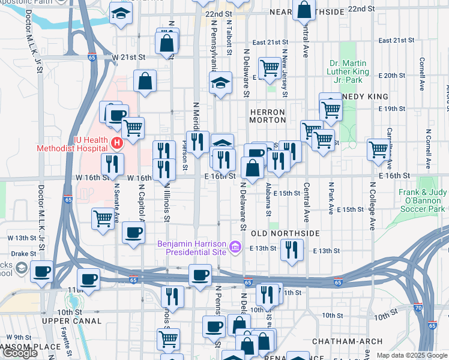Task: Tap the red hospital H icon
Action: click(x=117, y=143)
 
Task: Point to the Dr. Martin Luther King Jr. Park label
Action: click(x=355, y=71)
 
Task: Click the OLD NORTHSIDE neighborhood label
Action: click(x=277, y=233)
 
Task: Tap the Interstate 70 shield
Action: click(x=432, y=325)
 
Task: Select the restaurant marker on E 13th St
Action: click(x=292, y=249)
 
